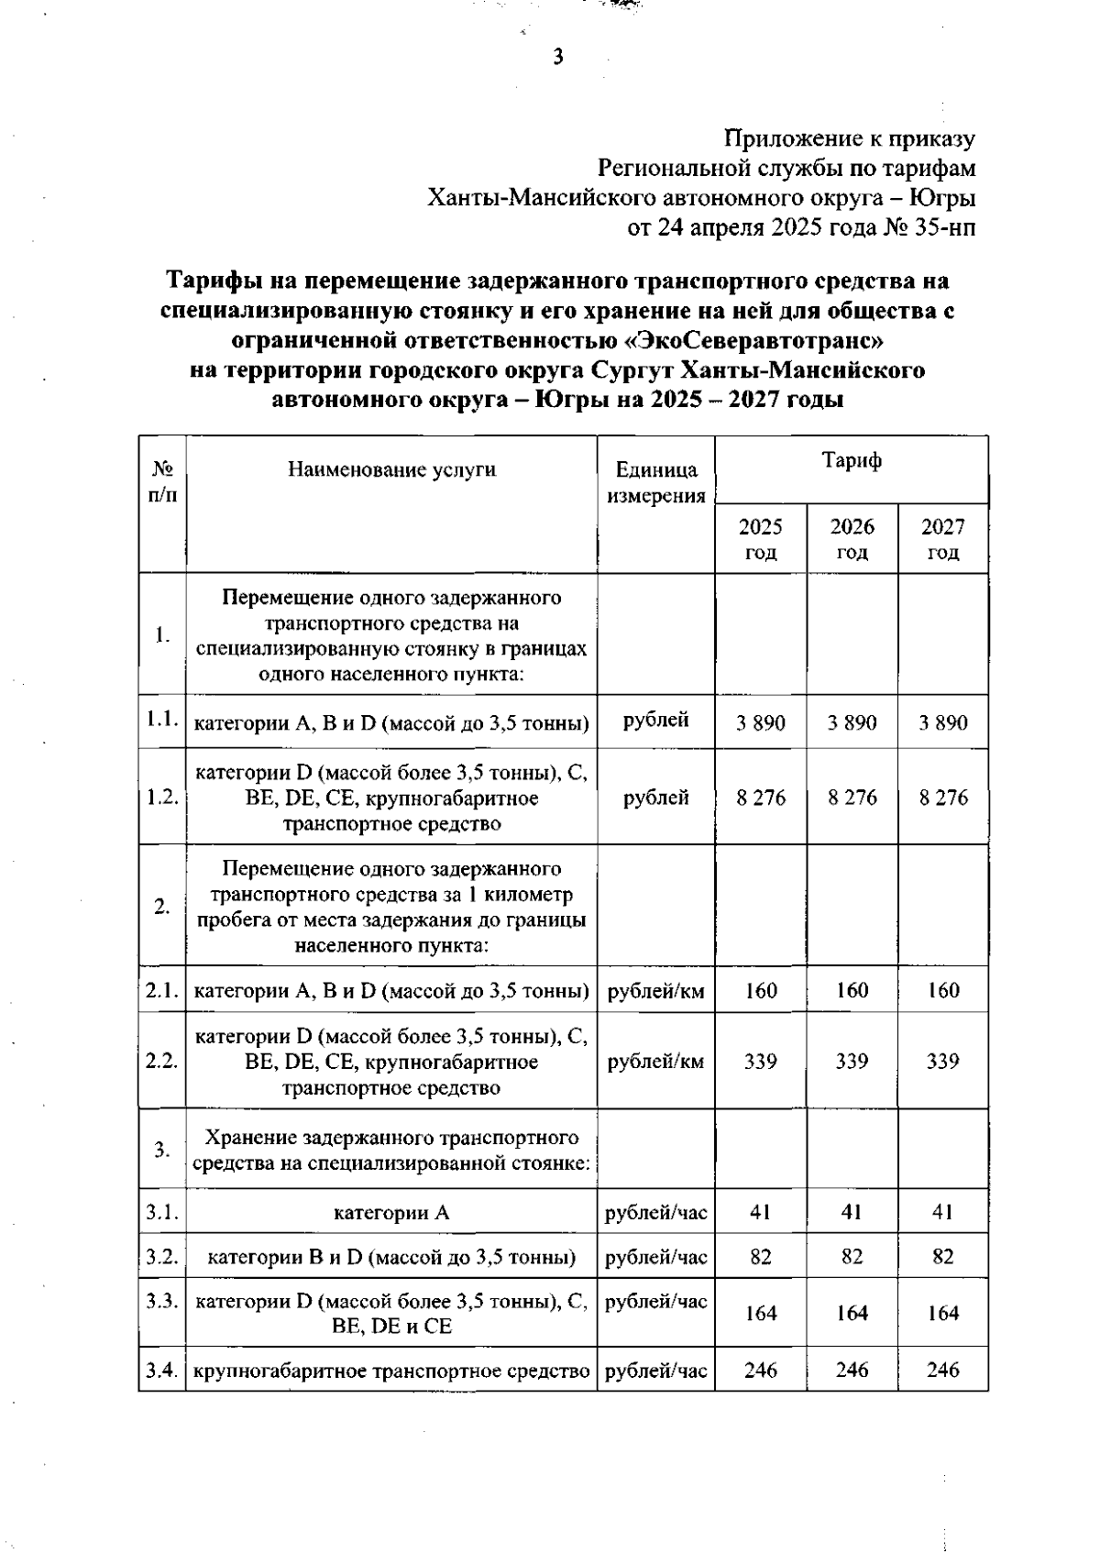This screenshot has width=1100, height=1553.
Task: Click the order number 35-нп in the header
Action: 944,228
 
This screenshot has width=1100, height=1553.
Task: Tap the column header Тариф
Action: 851,461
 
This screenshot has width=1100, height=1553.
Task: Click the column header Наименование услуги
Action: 391,470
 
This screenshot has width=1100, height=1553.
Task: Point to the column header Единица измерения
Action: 655,483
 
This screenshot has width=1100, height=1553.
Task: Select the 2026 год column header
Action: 852,539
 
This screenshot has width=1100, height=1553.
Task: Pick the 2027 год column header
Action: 942,539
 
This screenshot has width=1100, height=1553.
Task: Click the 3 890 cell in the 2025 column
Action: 760,722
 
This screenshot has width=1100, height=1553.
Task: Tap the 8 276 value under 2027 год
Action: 942,798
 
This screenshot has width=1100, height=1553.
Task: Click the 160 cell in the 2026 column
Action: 852,990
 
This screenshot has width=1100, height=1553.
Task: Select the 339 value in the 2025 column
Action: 760,1062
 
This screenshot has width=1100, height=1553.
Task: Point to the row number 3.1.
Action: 161,1213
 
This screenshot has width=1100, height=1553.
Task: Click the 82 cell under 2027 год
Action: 942,1257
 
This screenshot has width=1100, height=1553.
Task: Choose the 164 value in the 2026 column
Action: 852,1314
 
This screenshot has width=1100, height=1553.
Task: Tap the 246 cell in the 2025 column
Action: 760,1371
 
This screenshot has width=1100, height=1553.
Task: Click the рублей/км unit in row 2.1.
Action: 655,991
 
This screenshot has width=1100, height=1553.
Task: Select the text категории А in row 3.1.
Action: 391,1214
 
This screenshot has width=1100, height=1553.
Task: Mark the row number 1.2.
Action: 161,798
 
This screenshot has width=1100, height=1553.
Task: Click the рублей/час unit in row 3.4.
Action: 655,1371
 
